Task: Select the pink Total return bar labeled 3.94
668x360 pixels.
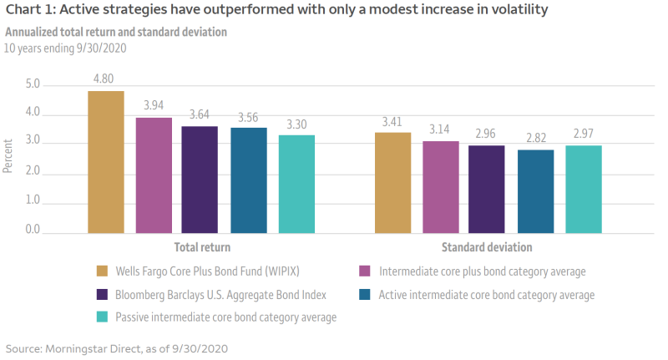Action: click(154, 175)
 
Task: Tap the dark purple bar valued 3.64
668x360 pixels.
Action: click(200, 179)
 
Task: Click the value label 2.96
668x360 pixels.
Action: click(487, 133)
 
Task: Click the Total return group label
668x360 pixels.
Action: click(201, 248)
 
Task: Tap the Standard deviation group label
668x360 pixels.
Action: click(487, 248)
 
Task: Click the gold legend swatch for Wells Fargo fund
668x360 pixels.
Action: click(103, 271)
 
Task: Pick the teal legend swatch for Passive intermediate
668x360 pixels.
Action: click(103, 317)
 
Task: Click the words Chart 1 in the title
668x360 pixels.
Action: click(28, 11)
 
